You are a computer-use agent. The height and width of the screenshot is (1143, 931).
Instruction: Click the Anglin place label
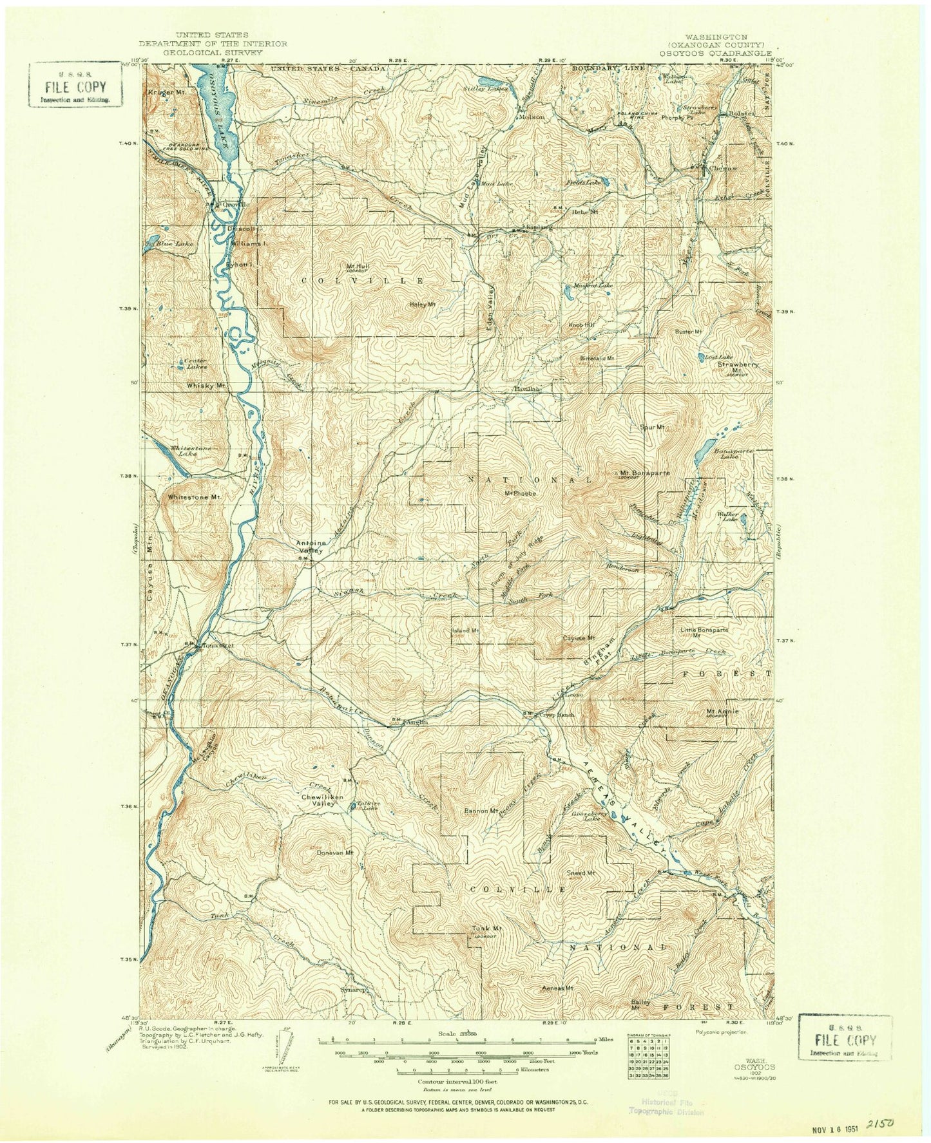pos(416,722)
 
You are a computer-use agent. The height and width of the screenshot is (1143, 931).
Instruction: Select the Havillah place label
pos(526,389)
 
